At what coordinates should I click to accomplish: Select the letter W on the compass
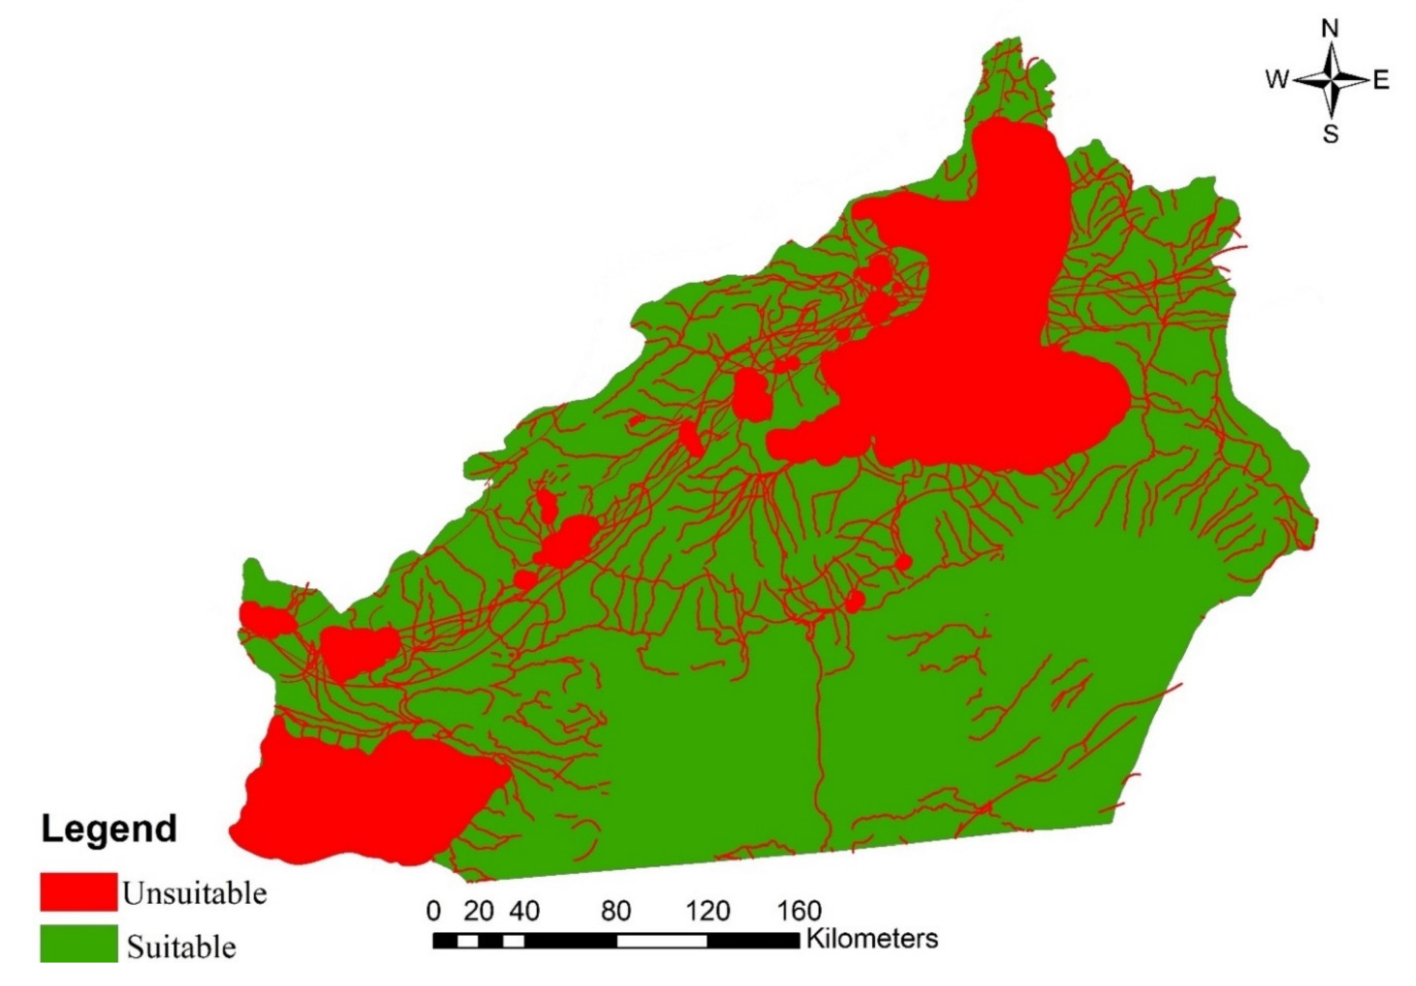[1277, 80]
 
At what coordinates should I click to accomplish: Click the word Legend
[109, 829]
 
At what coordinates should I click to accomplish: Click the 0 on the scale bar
[434, 911]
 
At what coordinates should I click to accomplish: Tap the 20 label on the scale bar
[479, 911]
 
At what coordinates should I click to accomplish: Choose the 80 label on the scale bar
[616, 911]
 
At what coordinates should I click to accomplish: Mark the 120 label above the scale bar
[707, 911]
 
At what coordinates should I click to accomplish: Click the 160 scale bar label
[799, 911]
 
